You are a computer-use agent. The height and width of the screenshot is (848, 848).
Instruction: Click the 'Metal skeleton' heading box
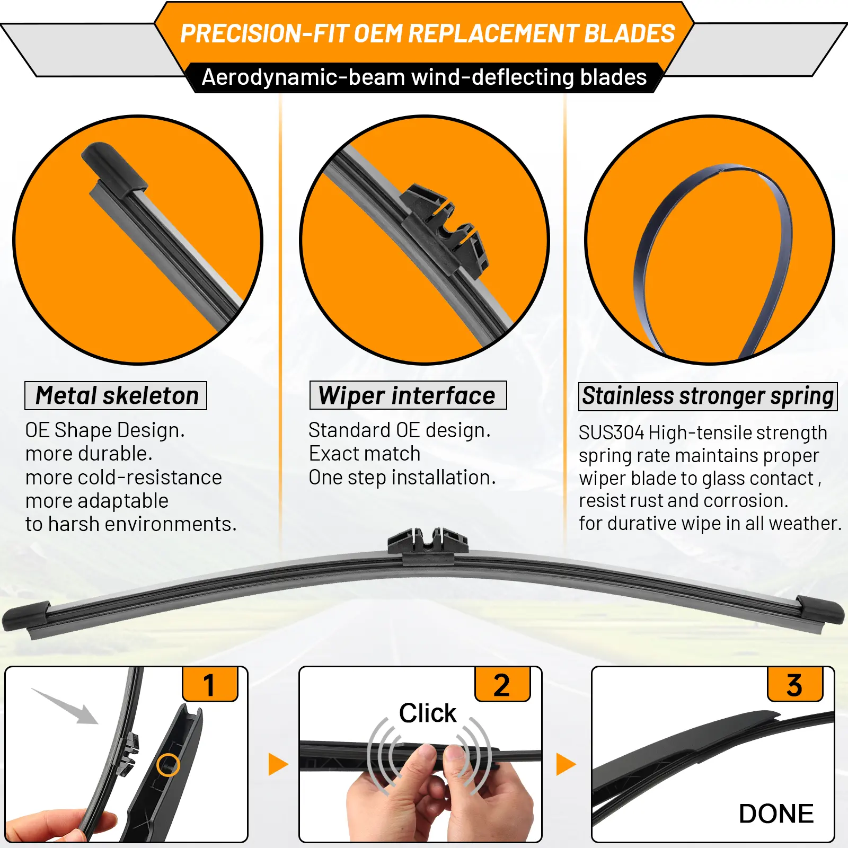point(116,395)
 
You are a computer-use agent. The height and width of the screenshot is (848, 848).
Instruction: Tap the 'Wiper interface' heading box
point(408,395)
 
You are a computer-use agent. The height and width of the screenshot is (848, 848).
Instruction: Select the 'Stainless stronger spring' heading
point(708,396)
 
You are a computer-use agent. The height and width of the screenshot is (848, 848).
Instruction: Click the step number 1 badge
point(210,684)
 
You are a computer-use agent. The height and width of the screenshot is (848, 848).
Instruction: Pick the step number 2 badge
point(502,684)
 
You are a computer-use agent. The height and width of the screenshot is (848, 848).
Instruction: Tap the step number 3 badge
point(795,684)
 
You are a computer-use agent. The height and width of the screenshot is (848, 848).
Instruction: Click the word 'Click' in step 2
point(428,713)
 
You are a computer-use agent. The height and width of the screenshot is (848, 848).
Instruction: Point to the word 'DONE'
point(776,814)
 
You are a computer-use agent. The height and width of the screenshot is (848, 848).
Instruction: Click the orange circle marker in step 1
point(168,765)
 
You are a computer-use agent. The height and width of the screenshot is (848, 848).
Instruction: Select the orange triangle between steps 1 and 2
point(278,764)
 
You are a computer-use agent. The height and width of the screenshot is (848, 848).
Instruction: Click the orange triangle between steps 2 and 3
point(566,764)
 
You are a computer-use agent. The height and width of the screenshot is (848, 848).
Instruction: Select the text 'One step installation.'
point(402,478)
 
